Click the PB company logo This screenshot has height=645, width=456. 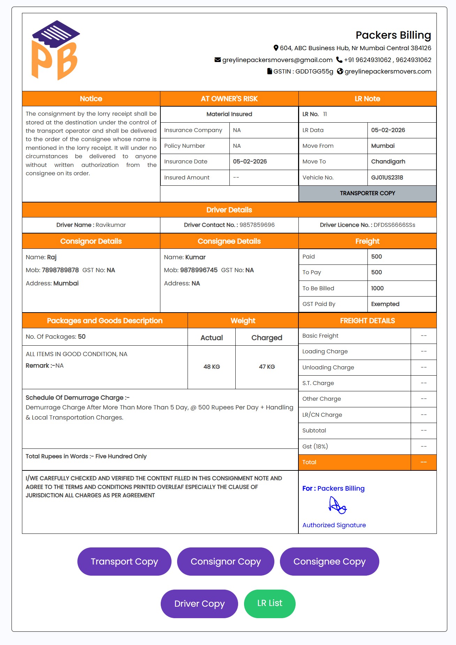pos(55,51)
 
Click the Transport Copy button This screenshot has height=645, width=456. pos(124,561)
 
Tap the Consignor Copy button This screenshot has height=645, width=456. pos(226,561)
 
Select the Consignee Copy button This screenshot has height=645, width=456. pos(329,561)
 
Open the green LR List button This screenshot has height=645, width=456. pos(269,603)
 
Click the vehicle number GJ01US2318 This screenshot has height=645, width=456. pos(387,177)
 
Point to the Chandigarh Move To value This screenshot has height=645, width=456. pos(388,161)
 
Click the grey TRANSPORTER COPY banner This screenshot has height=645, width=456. pos(367,193)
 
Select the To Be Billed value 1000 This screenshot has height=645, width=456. pos(377,288)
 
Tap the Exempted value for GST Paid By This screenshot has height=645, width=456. pos(385,304)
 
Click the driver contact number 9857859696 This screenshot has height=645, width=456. pos(257,225)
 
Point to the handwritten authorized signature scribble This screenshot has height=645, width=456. pos(337,505)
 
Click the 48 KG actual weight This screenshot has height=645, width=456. pos(212,367)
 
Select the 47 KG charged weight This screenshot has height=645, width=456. pos(267,367)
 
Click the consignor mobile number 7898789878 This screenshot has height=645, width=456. pos(60,270)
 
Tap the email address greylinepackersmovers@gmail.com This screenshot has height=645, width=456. pos(277,60)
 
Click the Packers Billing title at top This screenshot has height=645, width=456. pos(393,35)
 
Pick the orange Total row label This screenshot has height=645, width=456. pos(309,462)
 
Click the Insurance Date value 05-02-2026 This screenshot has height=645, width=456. pos(250,161)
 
